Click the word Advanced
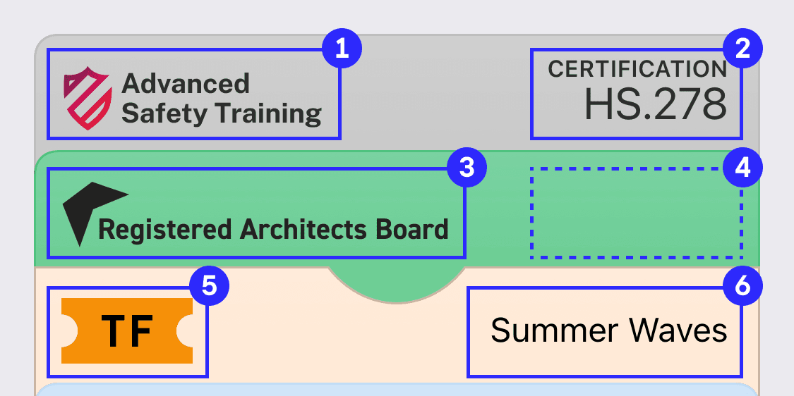pos(186,83)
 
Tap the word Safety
pos(164,113)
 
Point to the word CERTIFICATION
pos(637,69)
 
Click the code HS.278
pos(655,104)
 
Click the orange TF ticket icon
pos(127,330)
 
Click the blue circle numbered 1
pos(342,49)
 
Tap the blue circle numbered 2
pos(742,49)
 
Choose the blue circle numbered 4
pos(742,168)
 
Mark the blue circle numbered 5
pos(209,287)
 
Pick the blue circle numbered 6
pos(742,287)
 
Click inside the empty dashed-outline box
pos(636,213)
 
